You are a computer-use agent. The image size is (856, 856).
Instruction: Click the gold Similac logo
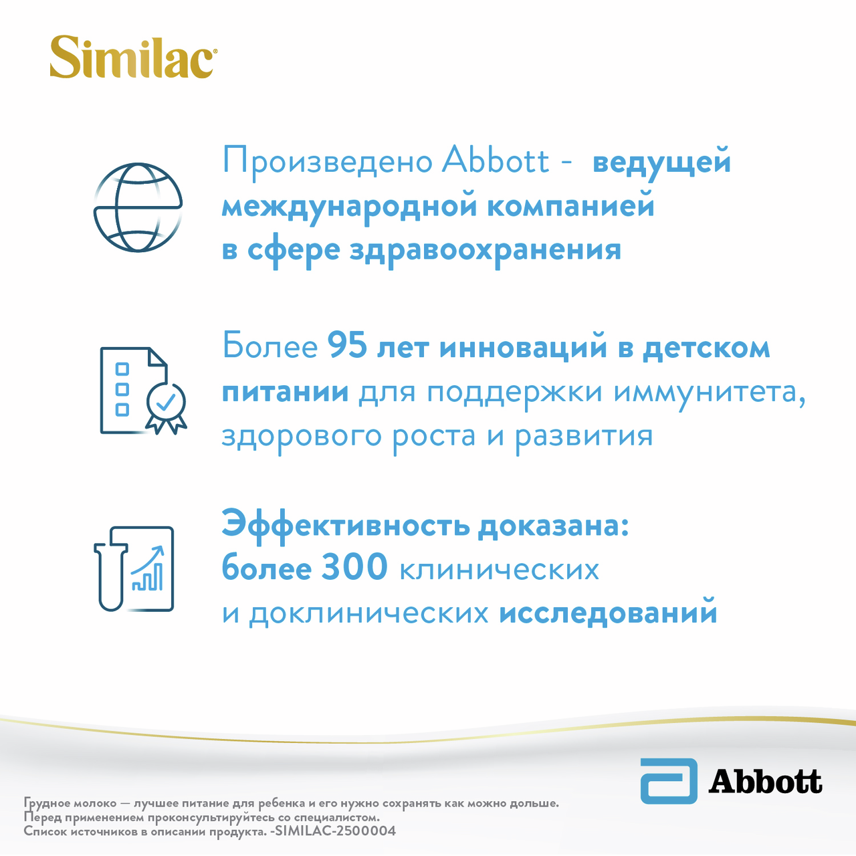133,58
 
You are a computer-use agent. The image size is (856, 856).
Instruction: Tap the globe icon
138,207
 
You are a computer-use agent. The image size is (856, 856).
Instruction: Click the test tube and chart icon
134,569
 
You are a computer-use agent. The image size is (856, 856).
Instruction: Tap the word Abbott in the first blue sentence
496,160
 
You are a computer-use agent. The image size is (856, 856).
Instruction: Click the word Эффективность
346,526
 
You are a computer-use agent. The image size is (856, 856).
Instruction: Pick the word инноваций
522,347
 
